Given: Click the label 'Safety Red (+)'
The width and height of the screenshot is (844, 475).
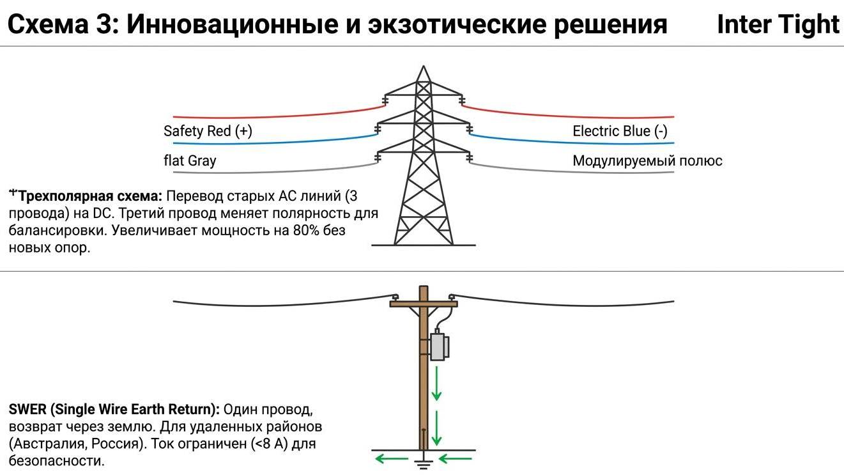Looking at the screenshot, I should click(x=208, y=132).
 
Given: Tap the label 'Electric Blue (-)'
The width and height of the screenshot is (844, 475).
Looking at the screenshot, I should click(x=620, y=132).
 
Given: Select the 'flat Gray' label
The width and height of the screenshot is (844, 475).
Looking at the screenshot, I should click(x=190, y=160).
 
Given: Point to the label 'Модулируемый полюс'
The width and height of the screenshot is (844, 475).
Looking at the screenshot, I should click(x=647, y=160).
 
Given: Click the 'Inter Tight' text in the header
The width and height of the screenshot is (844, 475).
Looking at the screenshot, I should click(x=778, y=25).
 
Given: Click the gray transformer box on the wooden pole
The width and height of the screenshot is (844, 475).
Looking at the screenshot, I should click(x=439, y=346).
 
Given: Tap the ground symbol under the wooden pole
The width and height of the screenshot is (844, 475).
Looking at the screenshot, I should click(x=422, y=463).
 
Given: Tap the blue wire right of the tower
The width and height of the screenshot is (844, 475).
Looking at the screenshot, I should click(x=575, y=142).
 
